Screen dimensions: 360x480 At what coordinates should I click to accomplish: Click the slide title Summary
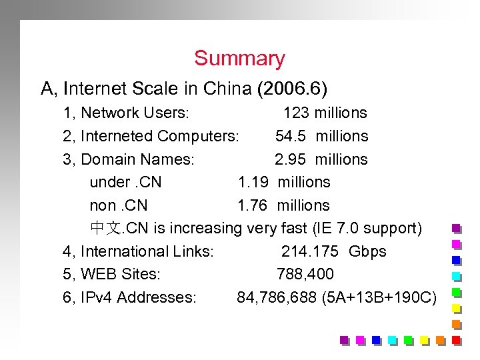click(239, 59)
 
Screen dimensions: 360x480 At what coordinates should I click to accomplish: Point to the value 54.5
click(290, 136)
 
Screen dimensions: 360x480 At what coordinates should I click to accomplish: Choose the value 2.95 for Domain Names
click(290, 159)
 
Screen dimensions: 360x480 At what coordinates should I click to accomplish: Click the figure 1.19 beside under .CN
click(253, 182)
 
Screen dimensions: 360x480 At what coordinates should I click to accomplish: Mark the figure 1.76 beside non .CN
click(253, 205)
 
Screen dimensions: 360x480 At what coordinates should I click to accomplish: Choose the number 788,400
click(305, 274)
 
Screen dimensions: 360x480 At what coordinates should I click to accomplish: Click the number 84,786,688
click(276, 297)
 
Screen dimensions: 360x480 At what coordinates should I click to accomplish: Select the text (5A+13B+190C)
click(379, 297)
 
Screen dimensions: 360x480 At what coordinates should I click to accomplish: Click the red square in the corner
click(457, 340)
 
